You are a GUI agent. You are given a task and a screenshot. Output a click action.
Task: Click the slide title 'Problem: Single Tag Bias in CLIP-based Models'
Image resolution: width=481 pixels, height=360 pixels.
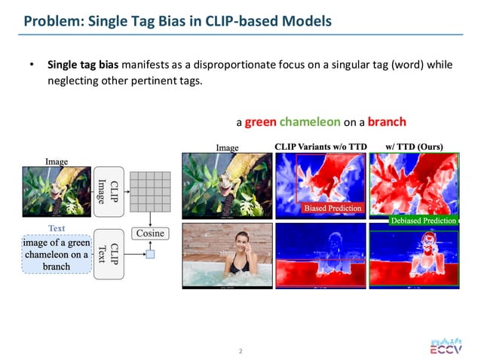tap(177, 20)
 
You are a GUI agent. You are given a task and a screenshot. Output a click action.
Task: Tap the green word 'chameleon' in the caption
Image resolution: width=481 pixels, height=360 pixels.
tap(309, 121)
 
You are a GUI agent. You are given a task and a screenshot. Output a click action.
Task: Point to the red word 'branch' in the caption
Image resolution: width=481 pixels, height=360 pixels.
tap(387, 121)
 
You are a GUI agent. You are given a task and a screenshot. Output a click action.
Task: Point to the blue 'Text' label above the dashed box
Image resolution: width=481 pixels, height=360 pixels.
tap(57, 227)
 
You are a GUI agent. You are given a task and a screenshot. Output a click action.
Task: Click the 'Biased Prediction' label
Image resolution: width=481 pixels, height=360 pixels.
tap(332, 208)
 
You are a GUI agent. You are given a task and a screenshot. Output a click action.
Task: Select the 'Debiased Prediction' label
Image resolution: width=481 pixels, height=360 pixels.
tap(423, 221)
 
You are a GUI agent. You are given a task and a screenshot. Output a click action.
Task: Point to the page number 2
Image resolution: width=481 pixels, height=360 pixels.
tap(240, 351)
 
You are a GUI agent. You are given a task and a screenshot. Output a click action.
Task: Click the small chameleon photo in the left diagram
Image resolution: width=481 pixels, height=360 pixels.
tap(57, 188)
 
